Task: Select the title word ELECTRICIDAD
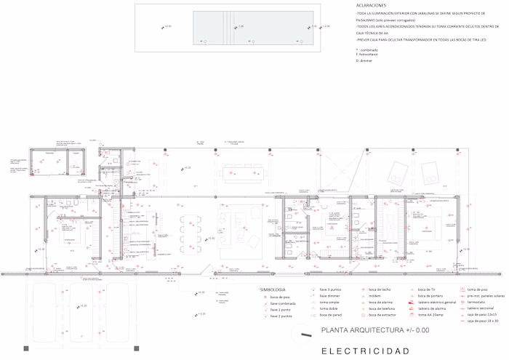pyautogui.click(x=365, y=351)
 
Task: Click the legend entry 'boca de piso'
pyautogui.click(x=280, y=297)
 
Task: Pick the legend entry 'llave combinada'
pyautogui.click(x=284, y=303)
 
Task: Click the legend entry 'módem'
pyautogui.click(x=375, y=297)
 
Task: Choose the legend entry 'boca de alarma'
pyautogui.click(x=380, y=303)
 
